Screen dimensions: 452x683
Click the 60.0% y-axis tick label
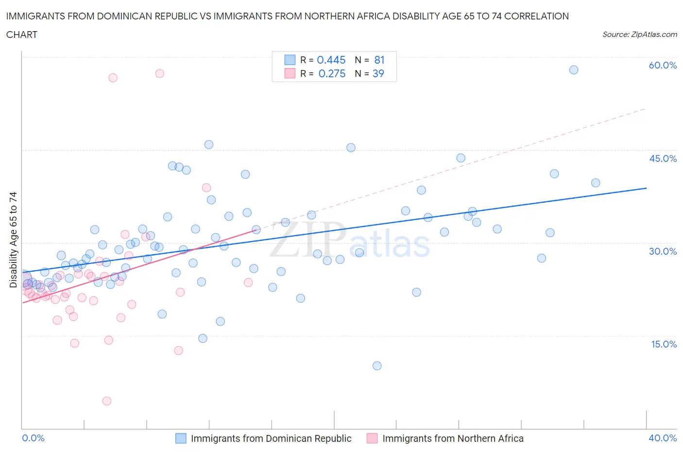pyautogui.click(x=663, y=65)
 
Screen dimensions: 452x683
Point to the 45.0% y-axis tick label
pyautogui.click(x=663, y=158)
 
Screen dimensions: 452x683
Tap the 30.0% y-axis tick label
pyautogui.click(x=663, y=251)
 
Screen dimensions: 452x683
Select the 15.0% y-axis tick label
pyautogui.click(x=664, y=344)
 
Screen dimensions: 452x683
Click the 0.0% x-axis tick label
pyautogui.click(x=33, y=438)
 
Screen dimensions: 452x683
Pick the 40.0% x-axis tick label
pyautogui.click(x=663, y=438)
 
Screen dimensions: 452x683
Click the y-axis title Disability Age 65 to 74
pyautogui.click(x=13, y=240)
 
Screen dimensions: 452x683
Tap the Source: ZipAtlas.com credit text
pyautogui.click(x=639, y=34)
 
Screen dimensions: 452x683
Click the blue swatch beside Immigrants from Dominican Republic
pyautogui.click(x=181, y=438)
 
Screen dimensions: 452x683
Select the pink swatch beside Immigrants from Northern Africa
pyautogui.click(x=372, y=438)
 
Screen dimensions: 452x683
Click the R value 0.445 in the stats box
pyautogui.click(x=331, y=60)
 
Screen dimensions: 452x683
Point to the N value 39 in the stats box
pyautogui.click(x=378, y=73)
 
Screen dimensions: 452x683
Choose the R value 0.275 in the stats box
pyautogui.click(x=332, y=73)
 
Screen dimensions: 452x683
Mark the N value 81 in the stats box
pyautogui.click(x=379, y=60)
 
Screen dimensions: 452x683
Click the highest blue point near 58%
pyautogui.click(x=574, y=70)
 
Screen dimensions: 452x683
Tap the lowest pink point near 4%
pyautogui.click(x=107, y=401)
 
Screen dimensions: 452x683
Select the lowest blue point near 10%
pyautogui.click(x=377, y=365)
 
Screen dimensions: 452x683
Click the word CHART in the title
pyautogui.click(x=22, y=35)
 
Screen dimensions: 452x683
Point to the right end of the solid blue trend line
pyautogui.click(x=646, y=188)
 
